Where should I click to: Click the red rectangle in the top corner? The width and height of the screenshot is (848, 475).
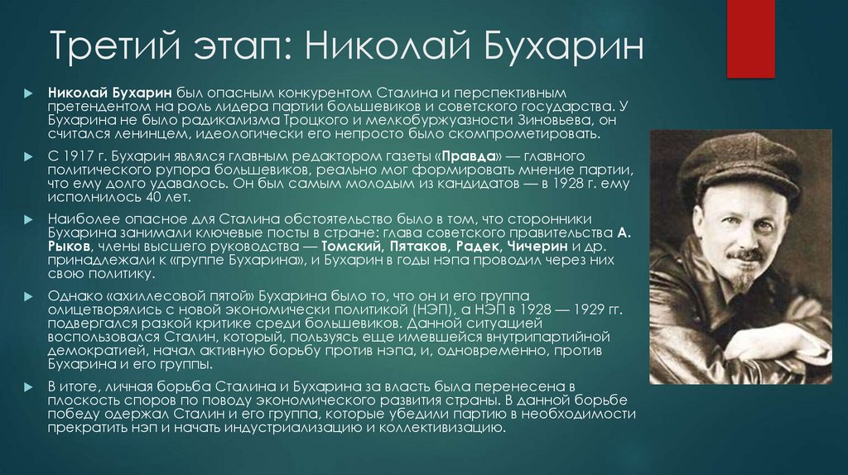pyautogui.click(x=750, y=37)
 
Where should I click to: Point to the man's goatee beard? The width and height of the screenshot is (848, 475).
pyautogui.click(x=743, y=281)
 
